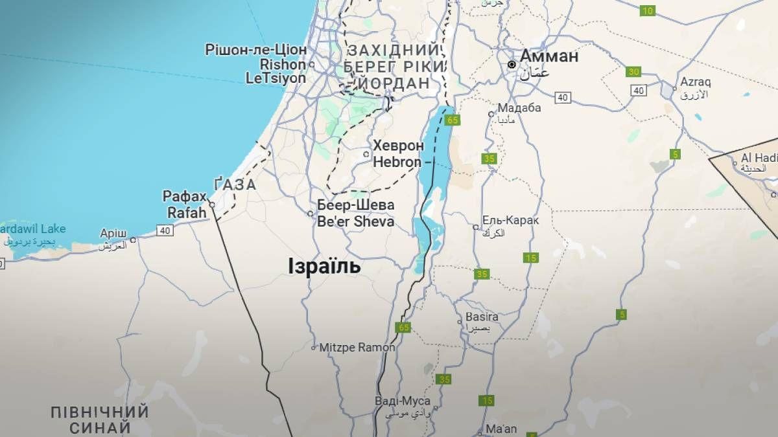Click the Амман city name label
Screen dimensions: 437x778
548,56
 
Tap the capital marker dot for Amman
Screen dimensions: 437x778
512,65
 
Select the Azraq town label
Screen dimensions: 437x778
695,82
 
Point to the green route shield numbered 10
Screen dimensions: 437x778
647,10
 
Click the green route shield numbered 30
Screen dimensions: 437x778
633,72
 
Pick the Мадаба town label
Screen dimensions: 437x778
519,107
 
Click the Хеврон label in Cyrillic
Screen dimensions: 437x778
398,146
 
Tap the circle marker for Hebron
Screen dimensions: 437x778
366,154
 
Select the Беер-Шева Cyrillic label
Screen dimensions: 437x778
355,205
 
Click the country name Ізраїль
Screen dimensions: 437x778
324,266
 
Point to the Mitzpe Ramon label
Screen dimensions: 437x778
357,348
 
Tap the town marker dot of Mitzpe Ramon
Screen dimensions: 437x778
314,348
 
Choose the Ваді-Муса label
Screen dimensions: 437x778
402,401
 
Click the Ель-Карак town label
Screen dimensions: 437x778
510,221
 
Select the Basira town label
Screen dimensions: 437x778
482,317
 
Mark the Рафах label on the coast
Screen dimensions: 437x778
185,196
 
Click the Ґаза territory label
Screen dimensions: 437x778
235,185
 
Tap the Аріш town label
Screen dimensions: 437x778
113,233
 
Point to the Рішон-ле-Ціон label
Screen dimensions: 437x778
255,50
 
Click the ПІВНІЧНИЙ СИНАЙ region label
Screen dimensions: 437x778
100,420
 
